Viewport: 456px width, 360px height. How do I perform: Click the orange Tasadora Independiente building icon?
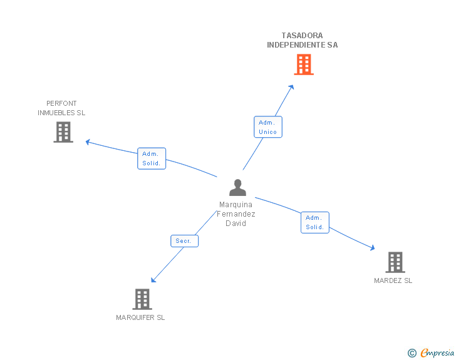click(x=304, y=64)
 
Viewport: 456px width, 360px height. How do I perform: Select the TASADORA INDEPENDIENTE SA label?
click(x=302, y=40)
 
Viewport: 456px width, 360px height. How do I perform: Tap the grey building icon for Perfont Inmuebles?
click(x=63, y=131)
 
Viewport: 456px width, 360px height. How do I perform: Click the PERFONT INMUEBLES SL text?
click(x=61, y=108)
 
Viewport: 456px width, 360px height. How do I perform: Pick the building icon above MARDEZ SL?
click(x=395, y=262)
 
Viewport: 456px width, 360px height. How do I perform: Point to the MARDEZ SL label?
click(x=393, y=280)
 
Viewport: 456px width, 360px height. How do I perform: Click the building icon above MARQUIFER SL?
click(x=142, y=299)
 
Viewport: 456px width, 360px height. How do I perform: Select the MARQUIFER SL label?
click(x=140, y=317)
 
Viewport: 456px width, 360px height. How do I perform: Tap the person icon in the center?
click(x=237, y=188)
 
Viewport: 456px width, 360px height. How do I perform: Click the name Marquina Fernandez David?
click(x=236, y=214)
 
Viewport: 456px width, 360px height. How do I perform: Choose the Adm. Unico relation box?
click(x=267, y=126)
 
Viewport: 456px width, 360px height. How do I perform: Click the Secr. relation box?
click(x=184, y=240)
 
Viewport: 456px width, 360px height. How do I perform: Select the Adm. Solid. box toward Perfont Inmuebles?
click(x=151, y=158)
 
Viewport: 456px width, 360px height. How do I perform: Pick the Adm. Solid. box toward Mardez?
click(x=314, y=222)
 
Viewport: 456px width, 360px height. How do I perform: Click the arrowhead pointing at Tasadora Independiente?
click(x=292, y=87)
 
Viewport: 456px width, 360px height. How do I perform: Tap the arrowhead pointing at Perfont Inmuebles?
click(x=88, y=141)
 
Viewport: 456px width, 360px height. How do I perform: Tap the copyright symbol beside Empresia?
click(x=412, y=353)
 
